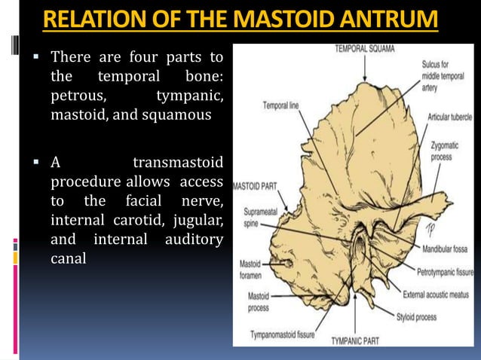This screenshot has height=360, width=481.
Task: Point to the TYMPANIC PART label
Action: click(357, 340)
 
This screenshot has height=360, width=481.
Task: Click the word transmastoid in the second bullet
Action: click(178, 162)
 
